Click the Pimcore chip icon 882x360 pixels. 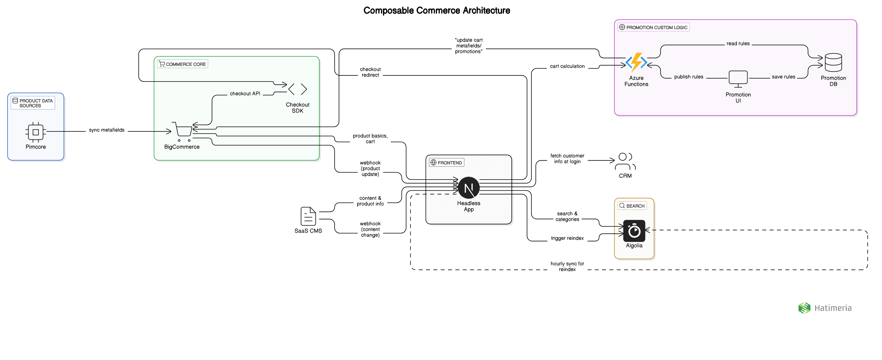pyautogui.click(x=36, y=132)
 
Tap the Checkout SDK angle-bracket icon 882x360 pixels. pyautogui.click(x=298, y=89)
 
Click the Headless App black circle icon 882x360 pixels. pyautogui.click(x=468, y=188)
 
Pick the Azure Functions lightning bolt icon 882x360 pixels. pyautogui.click(x=636, y=63)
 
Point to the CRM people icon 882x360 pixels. pyautogui.click(x=625, y=162)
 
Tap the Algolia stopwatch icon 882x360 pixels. pyautogui.click(x=634, y=231)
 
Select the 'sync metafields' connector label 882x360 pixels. pyautogui.click(x=106, y=130)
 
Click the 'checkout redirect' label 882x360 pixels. pyautogui.click(x=370, y=72)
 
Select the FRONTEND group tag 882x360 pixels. pyautogui.click(x=447, y=163)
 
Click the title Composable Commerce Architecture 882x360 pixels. pyautogui.click(x=437, y=11)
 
